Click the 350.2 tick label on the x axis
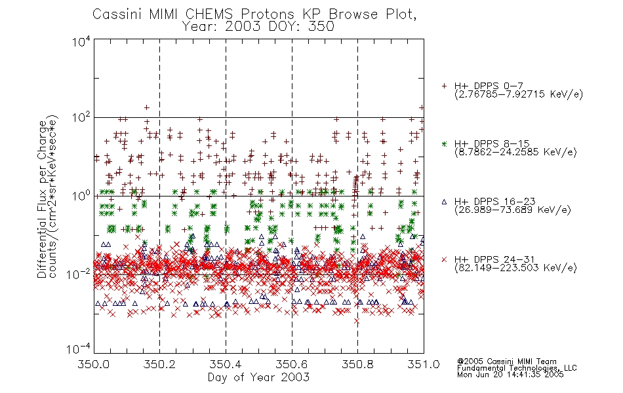point(159,364)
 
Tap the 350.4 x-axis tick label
point(226,364)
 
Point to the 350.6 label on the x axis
point(292,364)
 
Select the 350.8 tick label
point(357,364)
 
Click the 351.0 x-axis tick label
point(424,364)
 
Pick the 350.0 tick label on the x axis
point(94,364)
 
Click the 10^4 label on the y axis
point(81,41)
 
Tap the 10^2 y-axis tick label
point(81,118)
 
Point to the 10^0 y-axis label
point(81,196)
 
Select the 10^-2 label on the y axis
point(79,274)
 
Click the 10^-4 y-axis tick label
point(79,349)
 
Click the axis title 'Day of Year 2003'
point(258,377)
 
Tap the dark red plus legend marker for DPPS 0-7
point(444,86)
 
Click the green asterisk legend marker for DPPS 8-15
point(444,143)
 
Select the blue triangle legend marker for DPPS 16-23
point(444,202)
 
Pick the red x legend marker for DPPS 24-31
point(444,259)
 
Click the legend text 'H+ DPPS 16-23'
point(494,201)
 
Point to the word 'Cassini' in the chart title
point(118,14)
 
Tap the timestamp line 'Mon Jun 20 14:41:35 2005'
point(510,375)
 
